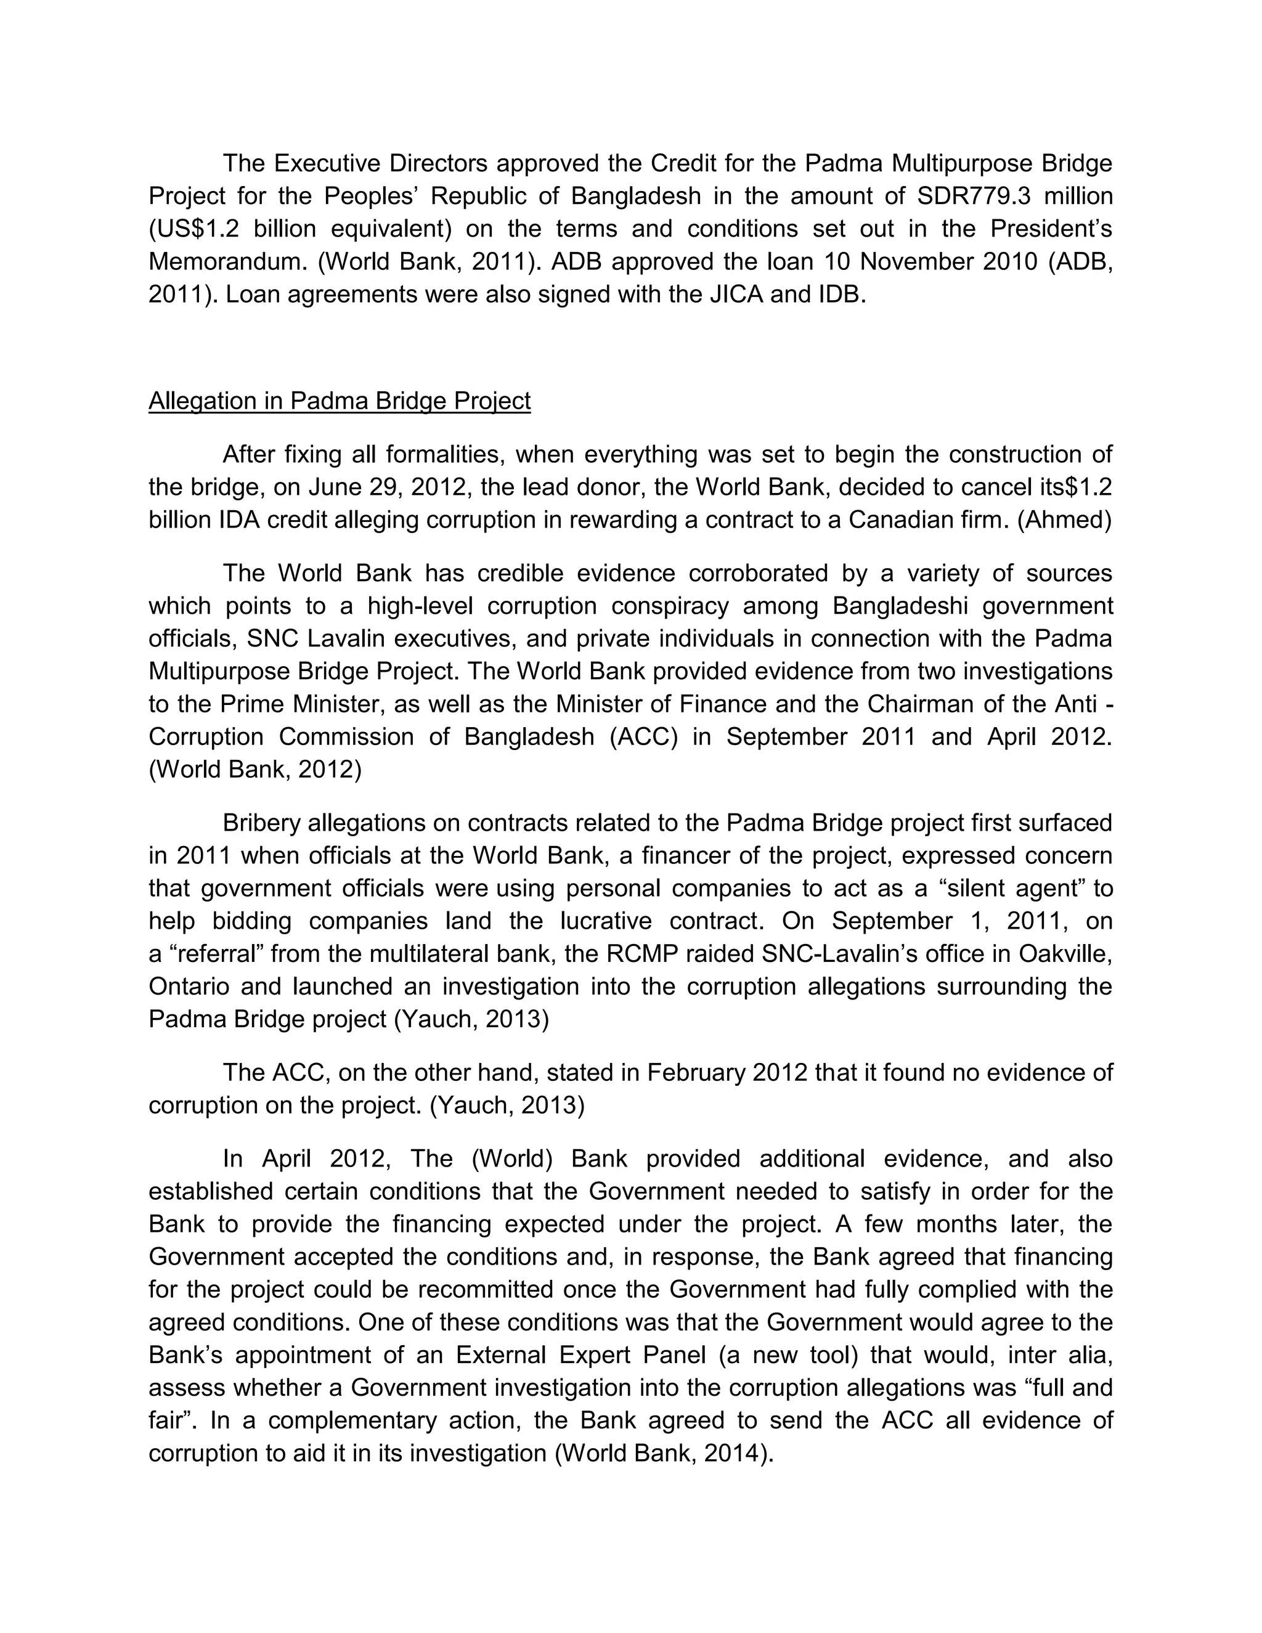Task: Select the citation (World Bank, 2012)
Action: (255, 770)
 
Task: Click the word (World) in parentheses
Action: (512, 1159)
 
